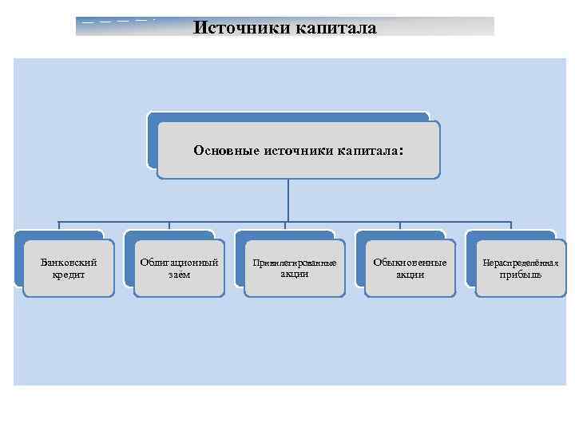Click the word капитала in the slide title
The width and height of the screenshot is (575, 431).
tap(335, 28)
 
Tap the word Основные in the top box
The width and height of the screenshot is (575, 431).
tap(222, 149)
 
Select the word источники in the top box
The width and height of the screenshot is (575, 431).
tap(293, 149)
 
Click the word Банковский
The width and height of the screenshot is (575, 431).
tap(69, 262)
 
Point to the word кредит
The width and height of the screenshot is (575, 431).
tap(69, 275)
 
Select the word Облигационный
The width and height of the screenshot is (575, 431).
tap(179, 262)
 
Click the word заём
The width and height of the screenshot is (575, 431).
tap(179, 275)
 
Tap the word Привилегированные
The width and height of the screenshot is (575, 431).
tap(294, 263)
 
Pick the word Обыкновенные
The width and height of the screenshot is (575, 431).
tap(410, 262)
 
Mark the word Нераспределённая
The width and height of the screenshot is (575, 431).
tap(520, 263)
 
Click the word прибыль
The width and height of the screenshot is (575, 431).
tap(520, 275)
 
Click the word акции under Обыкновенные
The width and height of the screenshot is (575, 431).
tap(410, 275)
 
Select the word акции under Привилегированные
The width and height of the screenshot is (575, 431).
tap(294, 274)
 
